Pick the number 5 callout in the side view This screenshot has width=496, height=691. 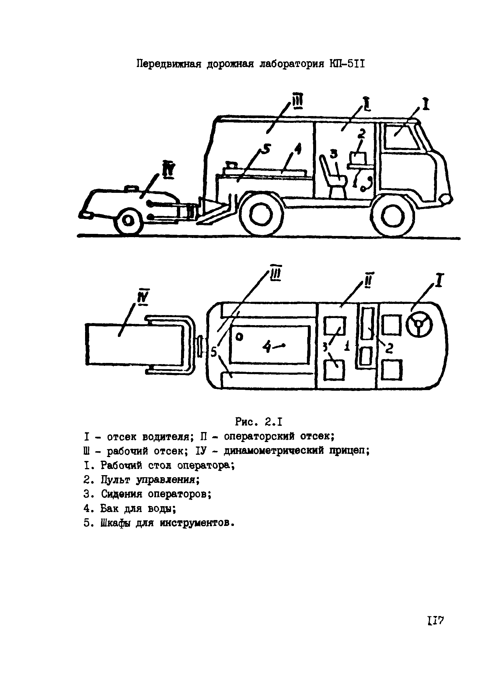(x=266, y=150)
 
